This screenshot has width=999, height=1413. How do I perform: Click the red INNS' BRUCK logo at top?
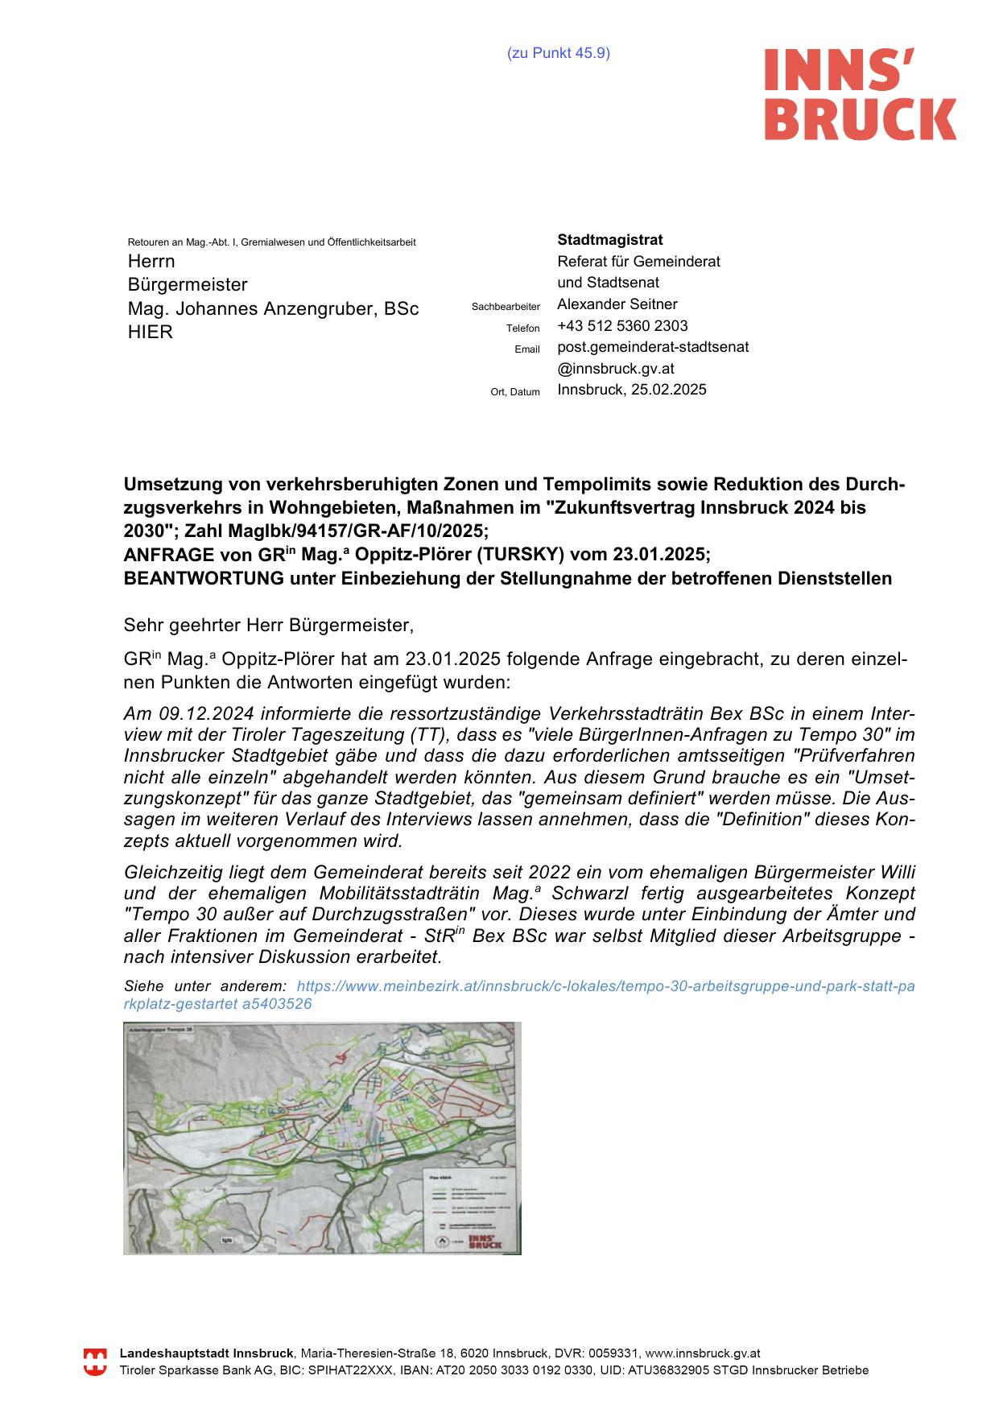click(860, 93)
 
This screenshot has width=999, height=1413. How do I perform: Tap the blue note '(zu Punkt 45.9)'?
click(558, 53)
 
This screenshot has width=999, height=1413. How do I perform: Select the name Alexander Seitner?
click(617, 304)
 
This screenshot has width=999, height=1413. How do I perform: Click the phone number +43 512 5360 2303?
click(622, 326)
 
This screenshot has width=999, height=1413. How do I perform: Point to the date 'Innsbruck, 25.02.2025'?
click(632, 390)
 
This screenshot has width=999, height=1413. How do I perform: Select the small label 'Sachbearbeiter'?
click(506, 307)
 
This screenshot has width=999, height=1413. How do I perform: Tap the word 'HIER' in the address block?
click(151, 333)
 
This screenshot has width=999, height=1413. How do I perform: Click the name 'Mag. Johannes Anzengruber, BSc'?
click(273, 309)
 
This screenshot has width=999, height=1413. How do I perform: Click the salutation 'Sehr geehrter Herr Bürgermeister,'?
click(268, 625)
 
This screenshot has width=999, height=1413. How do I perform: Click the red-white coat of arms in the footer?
click(96, 1361)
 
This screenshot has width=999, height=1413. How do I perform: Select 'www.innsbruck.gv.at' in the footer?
click(703, 1353)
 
